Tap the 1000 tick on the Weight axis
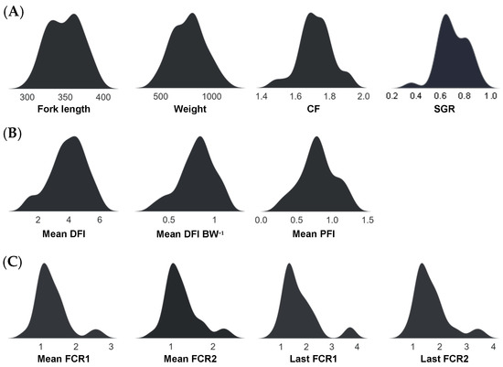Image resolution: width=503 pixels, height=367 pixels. (212, 96)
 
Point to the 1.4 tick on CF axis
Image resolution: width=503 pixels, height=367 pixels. (262, 96)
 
